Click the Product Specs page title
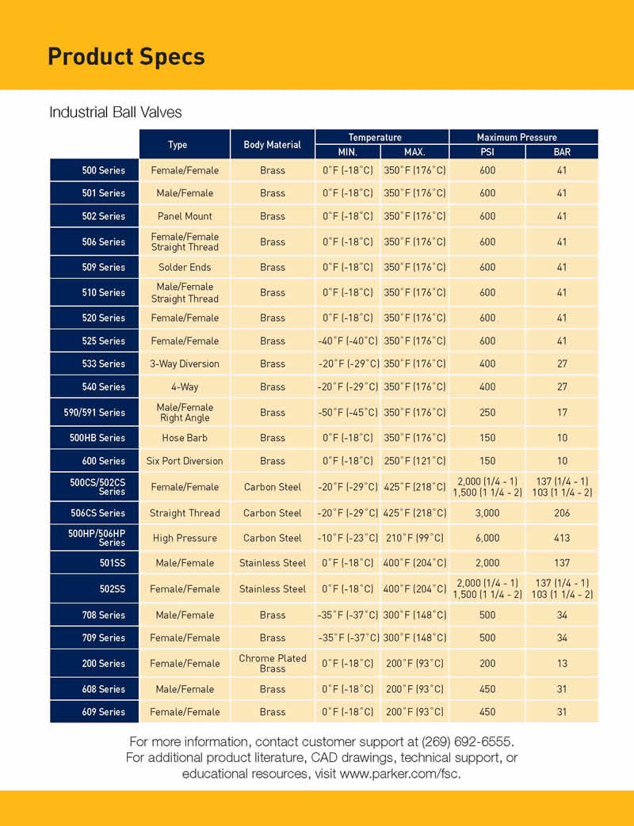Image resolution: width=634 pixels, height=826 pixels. click(126, 57)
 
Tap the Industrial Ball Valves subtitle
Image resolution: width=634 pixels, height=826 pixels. click(116, 112)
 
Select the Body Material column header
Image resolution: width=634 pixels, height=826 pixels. click(272, 145)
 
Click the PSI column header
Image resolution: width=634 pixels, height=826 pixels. click(487, 152)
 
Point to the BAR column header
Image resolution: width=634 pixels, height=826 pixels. click(562, 152)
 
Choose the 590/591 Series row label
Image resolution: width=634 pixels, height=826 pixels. click(95, 412)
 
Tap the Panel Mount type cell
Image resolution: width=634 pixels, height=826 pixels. click(185, 215)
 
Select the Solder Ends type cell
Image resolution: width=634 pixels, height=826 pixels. click(185, 267)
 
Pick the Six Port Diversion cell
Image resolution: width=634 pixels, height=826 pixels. click(185, 460)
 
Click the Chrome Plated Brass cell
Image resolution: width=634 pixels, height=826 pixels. click(273, 663)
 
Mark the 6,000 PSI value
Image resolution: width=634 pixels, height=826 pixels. click(487, 538)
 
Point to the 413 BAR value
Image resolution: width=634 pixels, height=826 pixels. click(562, 538)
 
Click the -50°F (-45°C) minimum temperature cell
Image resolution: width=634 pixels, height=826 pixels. click(347, 412)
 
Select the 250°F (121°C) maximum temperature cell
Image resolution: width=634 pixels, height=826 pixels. click(414, 460)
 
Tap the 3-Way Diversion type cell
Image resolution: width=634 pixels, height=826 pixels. click(185, 364)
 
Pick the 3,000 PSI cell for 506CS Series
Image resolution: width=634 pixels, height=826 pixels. click(487, 512)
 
